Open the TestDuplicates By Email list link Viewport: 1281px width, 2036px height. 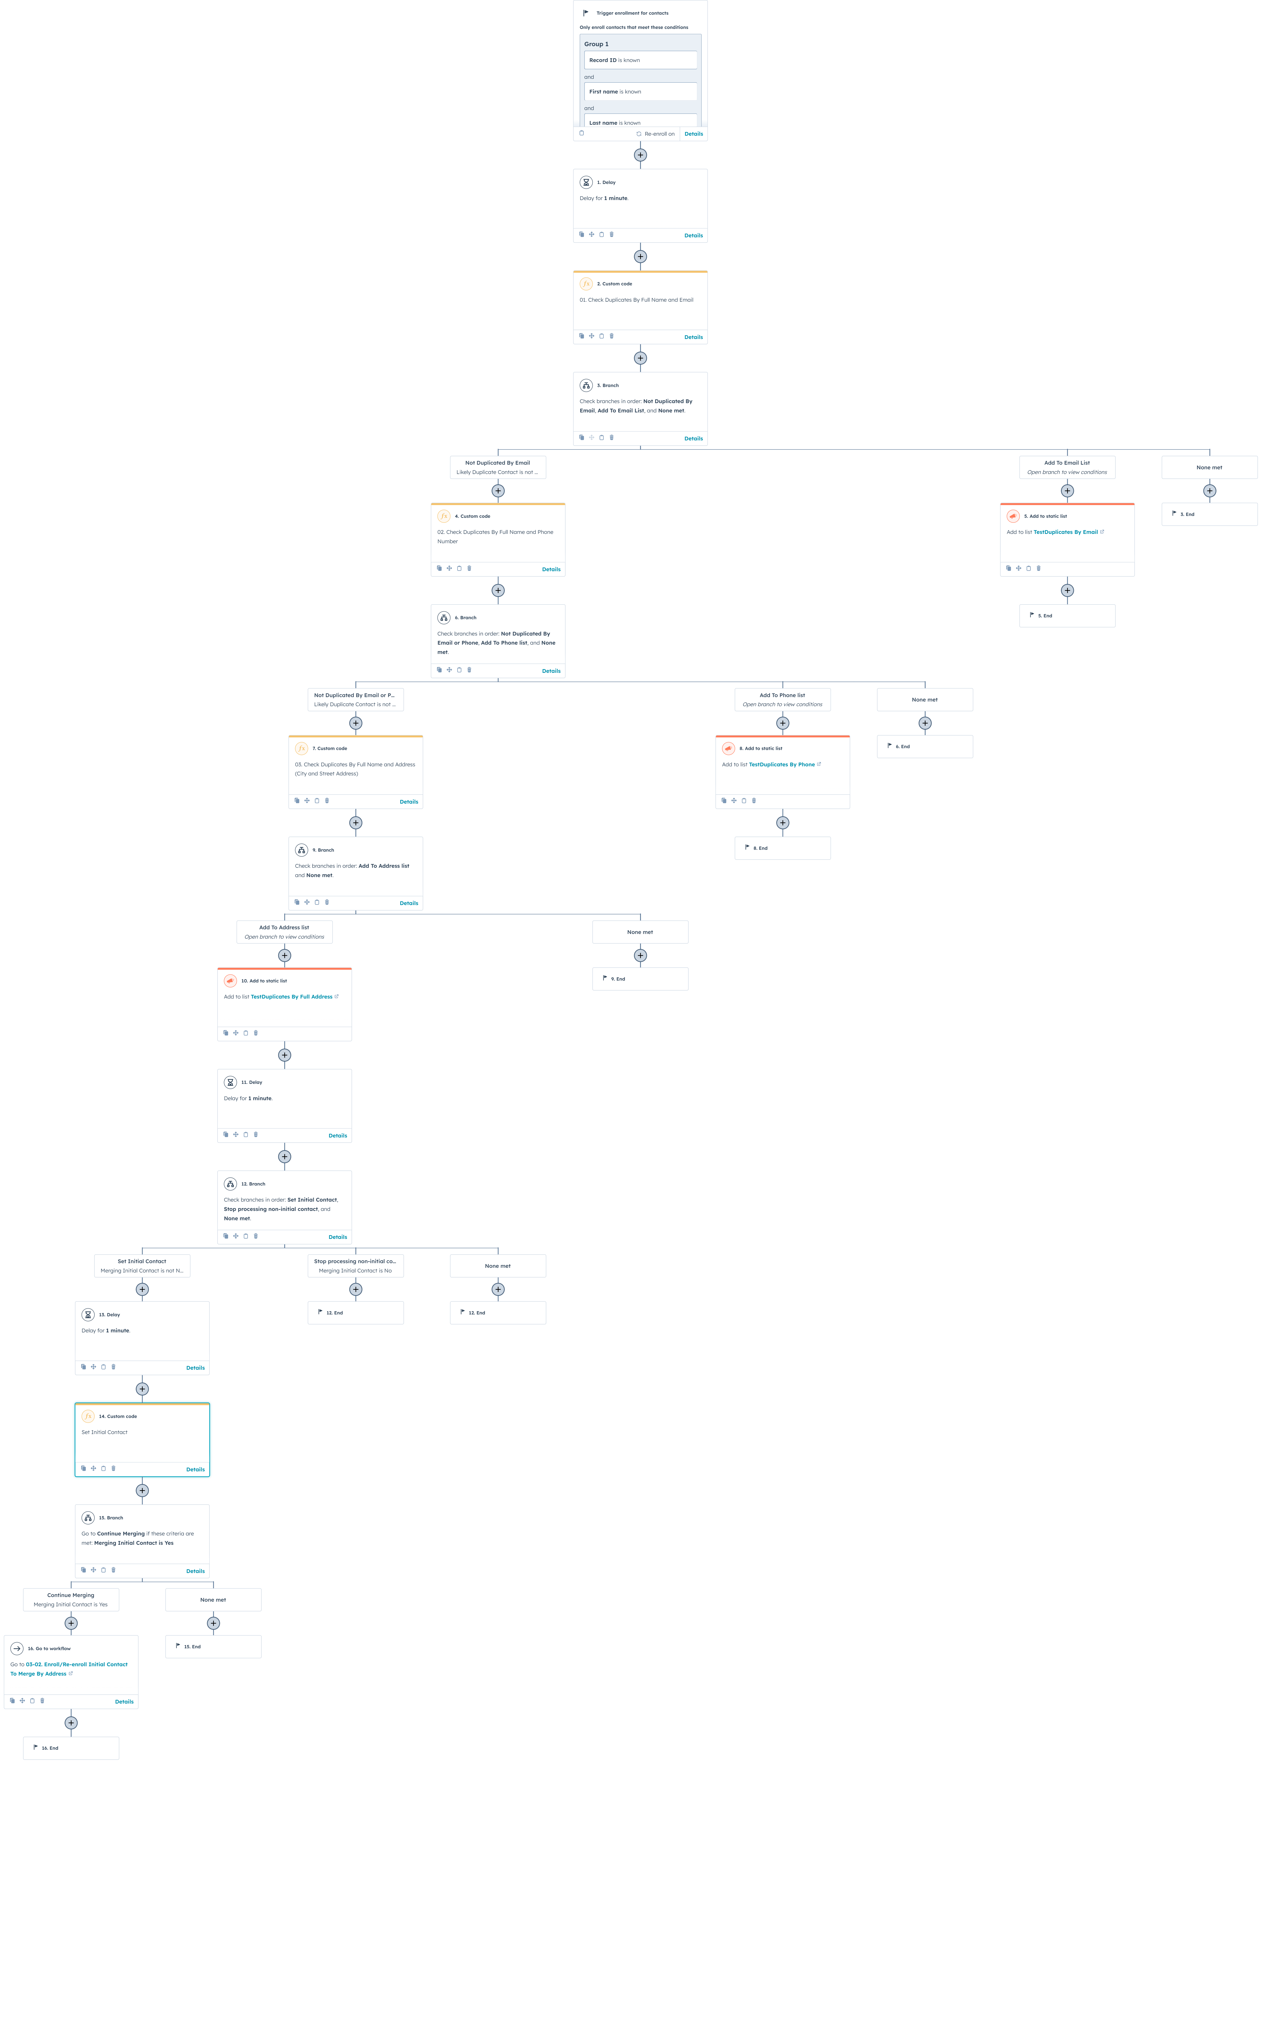(x=1065, y=532)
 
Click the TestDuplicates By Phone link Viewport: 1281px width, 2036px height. (x=781, y=764)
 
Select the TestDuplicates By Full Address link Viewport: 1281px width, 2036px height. (x=292, y=997)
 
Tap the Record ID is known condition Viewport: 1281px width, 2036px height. (x=640, y=60)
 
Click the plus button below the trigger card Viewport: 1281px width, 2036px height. (x=640, y=155)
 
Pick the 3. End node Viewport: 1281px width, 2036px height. (x=1209, y=514)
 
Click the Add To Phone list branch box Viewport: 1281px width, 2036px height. (x=782, y=699)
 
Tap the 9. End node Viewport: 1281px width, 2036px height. (x=640, y=978)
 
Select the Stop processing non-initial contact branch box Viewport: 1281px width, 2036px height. (x=355, y=1266)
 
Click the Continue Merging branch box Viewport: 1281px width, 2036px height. (x=71, y=1600)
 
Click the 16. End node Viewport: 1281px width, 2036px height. (x=71, y=1748)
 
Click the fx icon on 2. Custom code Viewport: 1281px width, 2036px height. (x=586, y=284)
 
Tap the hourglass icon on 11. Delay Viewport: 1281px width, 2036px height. (x=230, y=1082)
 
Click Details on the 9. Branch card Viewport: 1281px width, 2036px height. (x=409, y=903)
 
